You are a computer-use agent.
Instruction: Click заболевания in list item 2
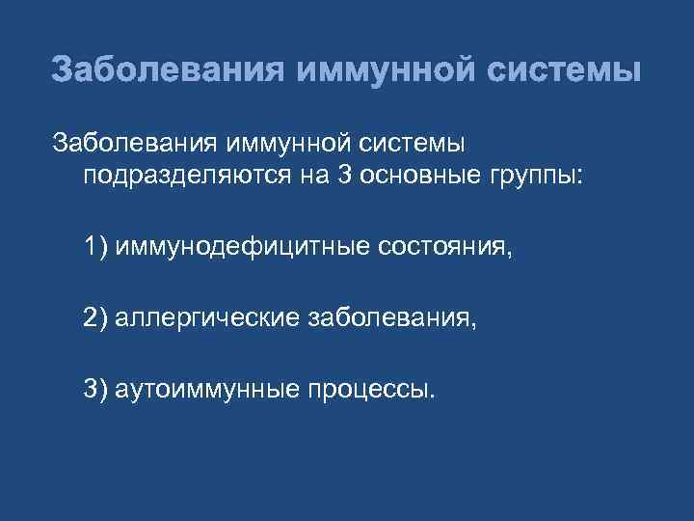point(393,318)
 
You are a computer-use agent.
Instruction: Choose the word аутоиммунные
point(209,389)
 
